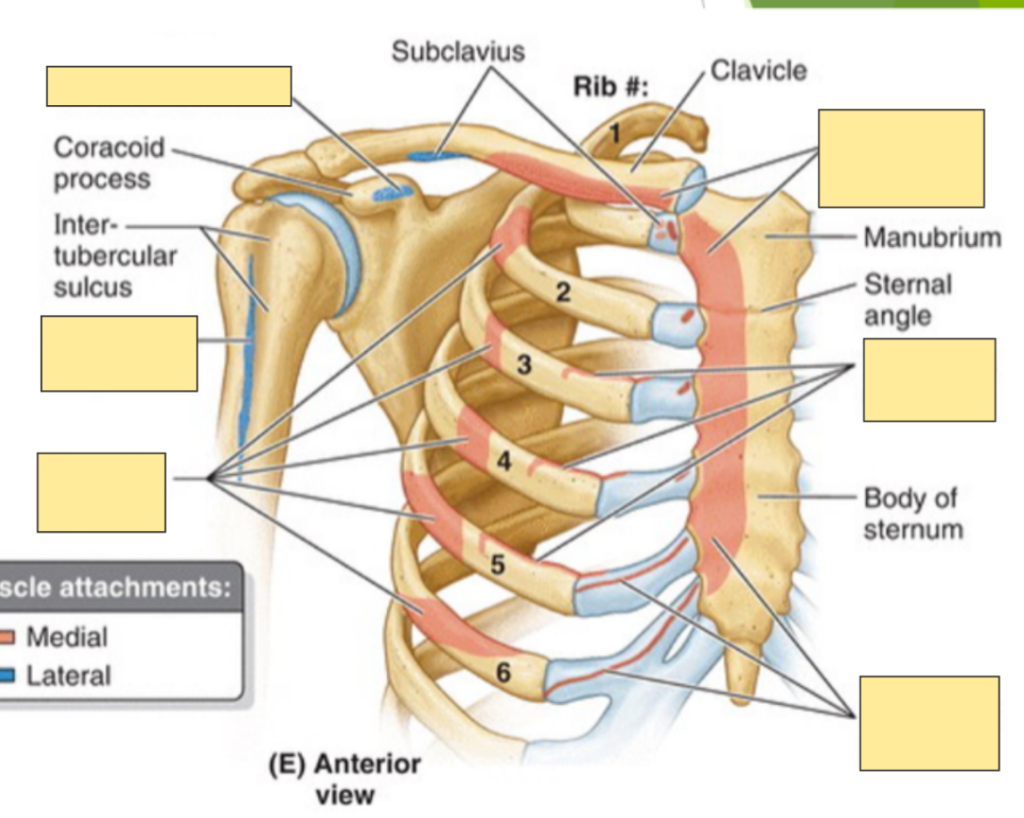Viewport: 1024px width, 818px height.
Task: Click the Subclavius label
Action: point(458,52)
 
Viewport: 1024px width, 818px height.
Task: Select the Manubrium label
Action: point(931,238)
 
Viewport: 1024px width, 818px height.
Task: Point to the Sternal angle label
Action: point(907,300)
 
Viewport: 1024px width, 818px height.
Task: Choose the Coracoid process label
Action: point(102,162)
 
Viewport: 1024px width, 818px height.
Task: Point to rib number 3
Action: point(524,364)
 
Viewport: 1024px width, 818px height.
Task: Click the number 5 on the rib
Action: point(497,563)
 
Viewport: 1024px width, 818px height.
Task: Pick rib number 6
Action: point(504,674)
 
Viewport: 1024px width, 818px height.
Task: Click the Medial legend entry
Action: point(66,637)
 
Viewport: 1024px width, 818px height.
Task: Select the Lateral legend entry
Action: point(68,675)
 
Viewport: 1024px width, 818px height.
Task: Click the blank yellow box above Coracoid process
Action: point(169,86)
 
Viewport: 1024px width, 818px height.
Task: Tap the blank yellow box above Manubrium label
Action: point(901,159)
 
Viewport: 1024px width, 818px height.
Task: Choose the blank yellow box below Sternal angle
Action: point(929,380)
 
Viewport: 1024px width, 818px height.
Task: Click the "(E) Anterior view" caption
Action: point(344,778)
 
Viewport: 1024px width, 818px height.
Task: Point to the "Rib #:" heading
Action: point(612,88)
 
